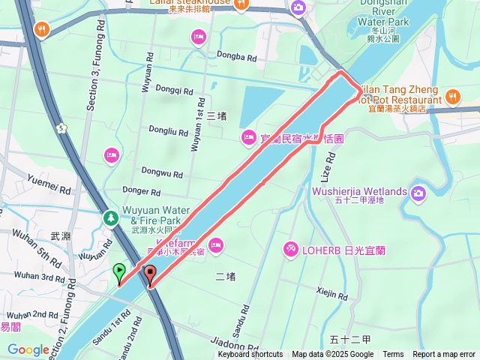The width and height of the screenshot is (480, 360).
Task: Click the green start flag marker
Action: pos(118,271)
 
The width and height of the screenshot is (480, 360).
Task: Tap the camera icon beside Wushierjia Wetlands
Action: pos(417,193)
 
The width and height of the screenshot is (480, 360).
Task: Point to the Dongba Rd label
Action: pos(236,57)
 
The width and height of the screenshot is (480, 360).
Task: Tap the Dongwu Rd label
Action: pos(162,173)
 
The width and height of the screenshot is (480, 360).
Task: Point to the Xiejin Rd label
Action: pos(332,292)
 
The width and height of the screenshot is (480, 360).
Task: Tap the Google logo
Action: pos(28,349)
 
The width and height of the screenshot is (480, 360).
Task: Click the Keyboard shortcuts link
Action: pos(250,355)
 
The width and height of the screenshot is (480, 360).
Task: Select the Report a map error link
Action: pos(444,355)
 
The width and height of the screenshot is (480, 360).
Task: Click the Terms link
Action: pos(393,355)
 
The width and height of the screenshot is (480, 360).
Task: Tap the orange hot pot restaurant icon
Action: pos(453,96)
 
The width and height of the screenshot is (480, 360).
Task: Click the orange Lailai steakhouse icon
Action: pos(242,4)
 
